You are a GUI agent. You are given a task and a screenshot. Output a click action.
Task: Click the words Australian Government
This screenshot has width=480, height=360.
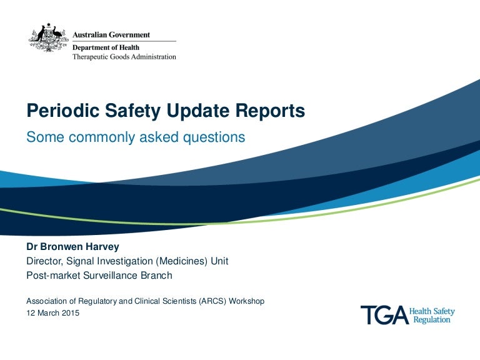[x=111, y=35]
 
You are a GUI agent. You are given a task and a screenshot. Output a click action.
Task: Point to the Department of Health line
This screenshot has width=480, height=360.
[x=106, y=47]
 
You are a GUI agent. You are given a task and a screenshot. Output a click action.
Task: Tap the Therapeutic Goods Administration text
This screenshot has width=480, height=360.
[x=124, y=56]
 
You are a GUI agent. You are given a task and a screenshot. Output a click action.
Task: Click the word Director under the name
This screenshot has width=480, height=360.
[x=46, y=261]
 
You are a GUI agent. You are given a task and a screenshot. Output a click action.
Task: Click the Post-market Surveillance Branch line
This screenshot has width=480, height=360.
[x=99, y=275]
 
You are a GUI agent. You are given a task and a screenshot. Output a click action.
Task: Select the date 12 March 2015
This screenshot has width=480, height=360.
[x=52, y=313]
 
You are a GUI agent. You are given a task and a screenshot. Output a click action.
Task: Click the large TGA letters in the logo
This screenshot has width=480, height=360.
[x=383, y=315]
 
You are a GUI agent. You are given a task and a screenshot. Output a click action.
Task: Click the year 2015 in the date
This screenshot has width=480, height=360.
[x=71, y=313]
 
